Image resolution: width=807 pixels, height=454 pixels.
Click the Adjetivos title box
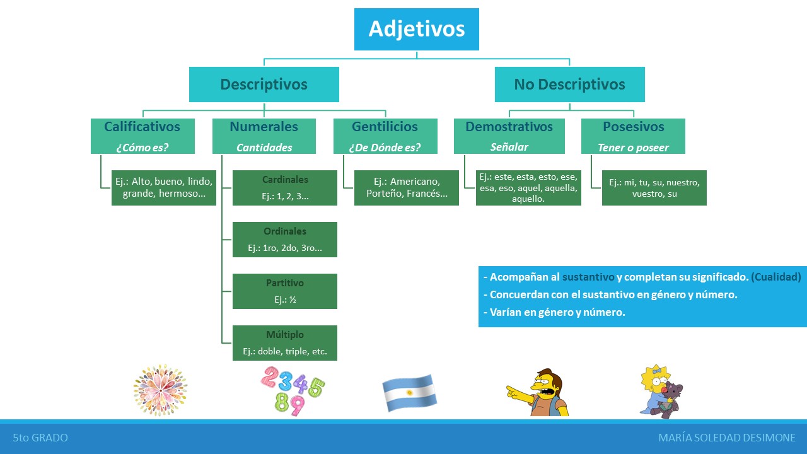(416, 29)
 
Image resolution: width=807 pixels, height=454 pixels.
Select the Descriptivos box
(264, 84)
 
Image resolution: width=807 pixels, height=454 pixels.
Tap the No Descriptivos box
(569, 84)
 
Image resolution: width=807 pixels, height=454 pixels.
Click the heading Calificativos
(142, 127)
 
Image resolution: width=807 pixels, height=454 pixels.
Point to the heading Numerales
(264, 127)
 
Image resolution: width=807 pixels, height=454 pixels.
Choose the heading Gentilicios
(385, 127)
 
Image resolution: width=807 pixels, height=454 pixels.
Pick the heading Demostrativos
(509, 127)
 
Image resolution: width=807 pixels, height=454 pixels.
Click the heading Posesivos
(633, 127)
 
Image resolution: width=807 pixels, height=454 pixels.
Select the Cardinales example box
(285, 188)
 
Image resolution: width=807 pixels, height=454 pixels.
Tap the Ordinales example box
(285, 240)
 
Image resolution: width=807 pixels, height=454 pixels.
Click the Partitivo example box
(285, 291)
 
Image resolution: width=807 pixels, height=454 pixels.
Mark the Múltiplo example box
(285, 343)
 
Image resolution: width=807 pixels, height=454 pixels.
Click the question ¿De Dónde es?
(385, 148)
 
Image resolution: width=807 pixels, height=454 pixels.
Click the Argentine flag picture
(409, 392)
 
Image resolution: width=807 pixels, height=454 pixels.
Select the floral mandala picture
(160, 390)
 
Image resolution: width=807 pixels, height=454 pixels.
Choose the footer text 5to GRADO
(40, 438)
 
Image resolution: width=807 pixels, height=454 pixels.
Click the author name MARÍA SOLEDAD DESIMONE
(726, 438)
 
